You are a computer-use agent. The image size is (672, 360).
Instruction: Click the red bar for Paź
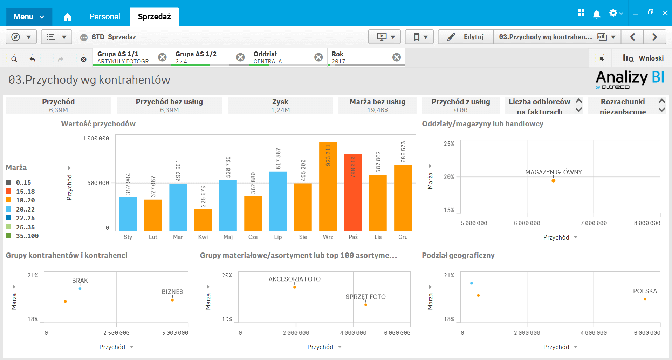click(x=353, y=193)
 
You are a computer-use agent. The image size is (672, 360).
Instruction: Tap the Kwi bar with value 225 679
click(x=203, y=220)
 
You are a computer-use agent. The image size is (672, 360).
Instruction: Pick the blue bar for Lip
click(x=278, y=201)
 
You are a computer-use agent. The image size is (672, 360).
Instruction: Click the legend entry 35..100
click(x=27, y=236)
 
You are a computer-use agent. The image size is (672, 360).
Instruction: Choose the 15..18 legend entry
click(x=25, y=192)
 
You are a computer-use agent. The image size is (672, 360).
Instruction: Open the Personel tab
click(x=104, y=16)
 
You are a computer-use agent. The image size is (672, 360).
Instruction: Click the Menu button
click(x=29, y=16)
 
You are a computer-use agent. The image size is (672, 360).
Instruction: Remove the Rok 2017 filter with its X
click(x=396, y=57)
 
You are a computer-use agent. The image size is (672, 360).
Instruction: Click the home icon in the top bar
click(x=68, y=17)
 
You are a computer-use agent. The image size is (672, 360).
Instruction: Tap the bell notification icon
click(x=596, y=14)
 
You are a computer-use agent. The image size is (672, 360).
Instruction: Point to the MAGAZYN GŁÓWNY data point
click(x=553, y=181)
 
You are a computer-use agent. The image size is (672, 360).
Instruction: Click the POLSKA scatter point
click(x=645, y=299)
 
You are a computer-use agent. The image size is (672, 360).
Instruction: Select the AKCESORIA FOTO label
click(x=294, y=279)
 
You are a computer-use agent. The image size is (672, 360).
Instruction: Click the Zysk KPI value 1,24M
click(x=280, y=110)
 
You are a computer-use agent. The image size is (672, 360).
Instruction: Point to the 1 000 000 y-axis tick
click(x=96, y=139)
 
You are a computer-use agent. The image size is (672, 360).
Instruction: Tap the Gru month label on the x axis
click(x=403, y=237)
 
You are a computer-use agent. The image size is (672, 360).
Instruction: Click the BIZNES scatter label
click(x=172, y=292)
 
